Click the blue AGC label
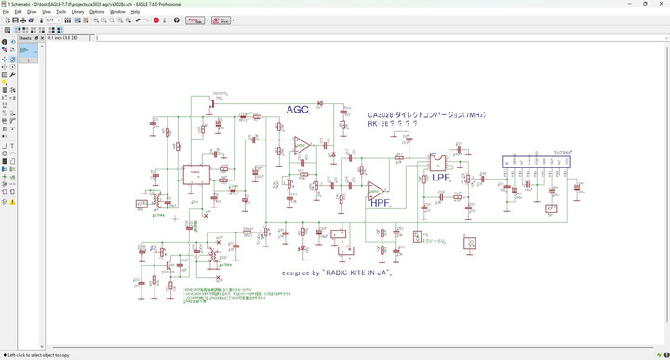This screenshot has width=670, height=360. pos(298,110)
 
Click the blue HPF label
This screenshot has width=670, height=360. pos(380,201)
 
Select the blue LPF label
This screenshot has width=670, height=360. pos(442,177)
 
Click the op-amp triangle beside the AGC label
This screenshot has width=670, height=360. pos(301,144)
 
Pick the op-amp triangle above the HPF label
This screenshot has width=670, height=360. pos(376,189)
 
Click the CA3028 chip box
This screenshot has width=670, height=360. pos(196,175)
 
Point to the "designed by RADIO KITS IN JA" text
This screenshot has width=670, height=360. pos(337,273)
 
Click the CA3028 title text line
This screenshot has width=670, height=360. pos(427,114)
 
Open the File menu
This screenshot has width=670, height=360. pos(6,12)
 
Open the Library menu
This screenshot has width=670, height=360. pos(77,12)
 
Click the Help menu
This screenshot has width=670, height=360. pos(135,12)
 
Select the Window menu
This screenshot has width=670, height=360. pos(117,12)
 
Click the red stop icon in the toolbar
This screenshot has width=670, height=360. pos(154,20)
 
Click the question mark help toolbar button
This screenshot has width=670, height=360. pos(177,20)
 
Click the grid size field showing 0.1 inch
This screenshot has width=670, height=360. pos(70,38)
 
